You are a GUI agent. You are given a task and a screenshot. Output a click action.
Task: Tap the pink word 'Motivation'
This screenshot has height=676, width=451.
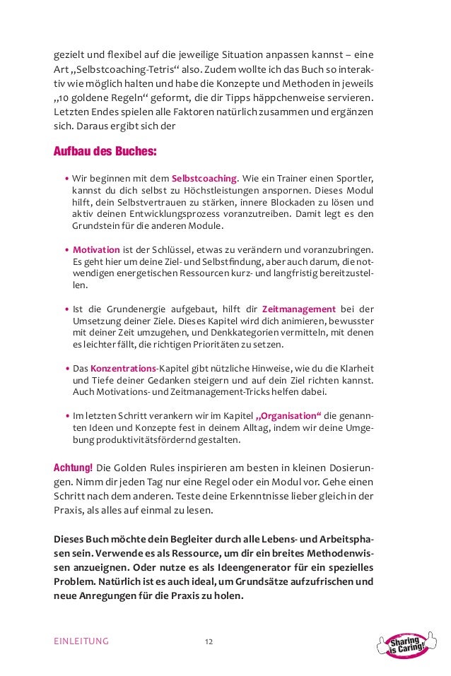pyautogui.click(x=96, y=249)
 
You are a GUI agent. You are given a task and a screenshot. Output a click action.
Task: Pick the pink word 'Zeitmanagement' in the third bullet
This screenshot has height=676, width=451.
pyautogui.click(x=298, y=309)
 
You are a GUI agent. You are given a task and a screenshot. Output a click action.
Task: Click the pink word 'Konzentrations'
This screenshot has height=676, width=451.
pyautogui.click(x=123, y=369)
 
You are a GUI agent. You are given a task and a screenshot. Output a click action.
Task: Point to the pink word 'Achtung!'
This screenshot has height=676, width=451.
pyautogui.click(x=73, y=469)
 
